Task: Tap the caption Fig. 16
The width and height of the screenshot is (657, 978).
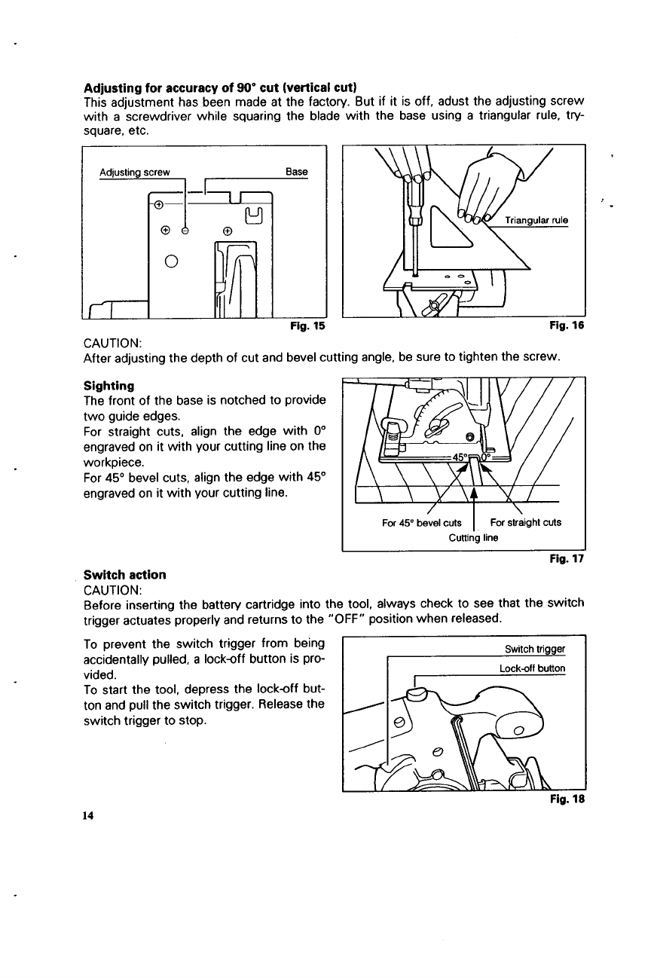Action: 569,326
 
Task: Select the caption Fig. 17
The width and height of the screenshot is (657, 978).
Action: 569,560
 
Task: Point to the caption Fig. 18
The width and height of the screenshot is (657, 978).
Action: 569,801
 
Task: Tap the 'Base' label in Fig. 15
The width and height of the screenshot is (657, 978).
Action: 297,172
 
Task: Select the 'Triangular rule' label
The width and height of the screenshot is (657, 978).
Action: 536,221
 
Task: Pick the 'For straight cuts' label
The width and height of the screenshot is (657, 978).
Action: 525,523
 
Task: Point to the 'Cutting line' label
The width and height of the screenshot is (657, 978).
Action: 473,537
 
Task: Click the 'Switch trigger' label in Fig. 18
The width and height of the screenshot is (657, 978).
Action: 535,650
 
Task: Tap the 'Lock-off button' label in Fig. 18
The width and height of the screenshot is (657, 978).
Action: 532,668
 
